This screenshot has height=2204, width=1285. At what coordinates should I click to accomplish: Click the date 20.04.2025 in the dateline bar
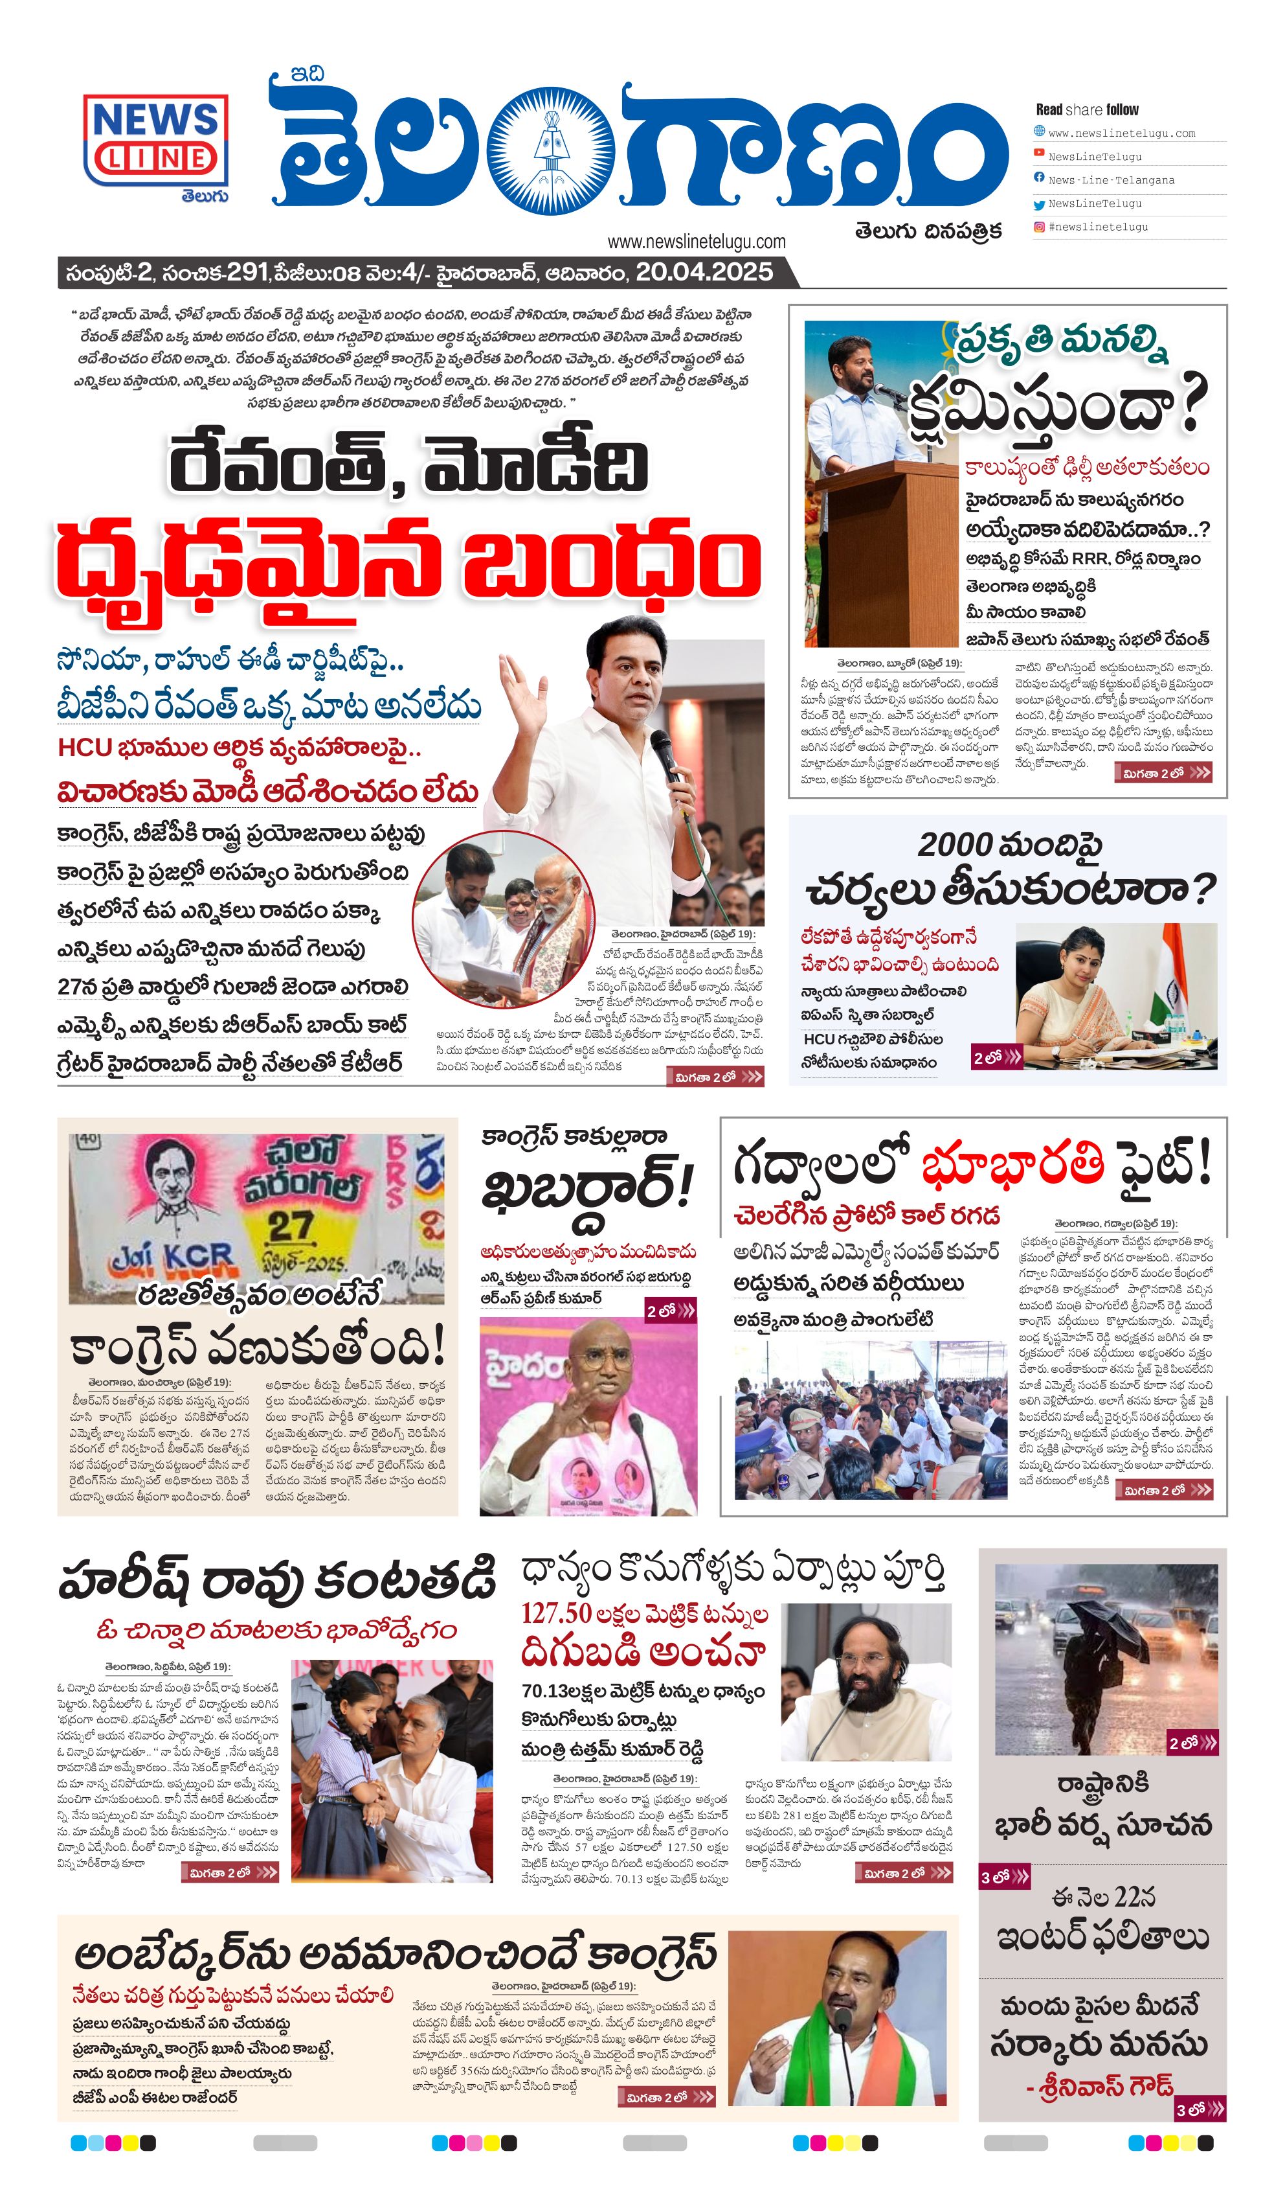[x=704, y=272]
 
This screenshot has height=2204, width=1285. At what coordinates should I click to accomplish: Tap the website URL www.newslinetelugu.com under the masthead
[x=696, y=242]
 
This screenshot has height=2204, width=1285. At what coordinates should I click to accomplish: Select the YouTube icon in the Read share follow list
[x=1038, y=153]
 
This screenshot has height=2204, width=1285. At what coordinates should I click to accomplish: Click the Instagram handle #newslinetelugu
[x=1098, y=227]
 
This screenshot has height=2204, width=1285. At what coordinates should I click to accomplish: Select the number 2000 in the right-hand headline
[x=955, y=845]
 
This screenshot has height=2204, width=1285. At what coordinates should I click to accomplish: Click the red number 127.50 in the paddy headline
[x=557, y=1613]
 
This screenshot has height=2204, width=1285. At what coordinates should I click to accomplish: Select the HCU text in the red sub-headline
[x=84, y=748]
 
